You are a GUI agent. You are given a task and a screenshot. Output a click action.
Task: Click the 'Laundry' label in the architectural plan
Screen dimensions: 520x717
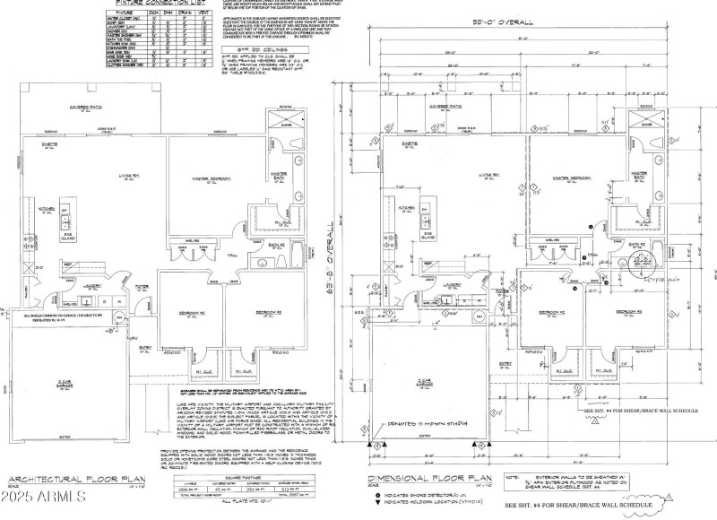point(94,280)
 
